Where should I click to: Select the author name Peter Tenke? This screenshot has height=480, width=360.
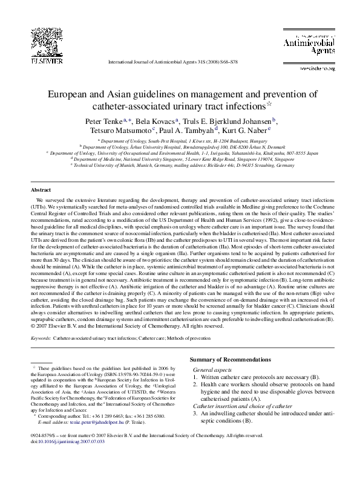tap(105, 120)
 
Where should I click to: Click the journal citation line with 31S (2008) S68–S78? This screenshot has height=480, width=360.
tap(180, 62)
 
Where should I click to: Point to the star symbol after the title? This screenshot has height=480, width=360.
tap(269, 103)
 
